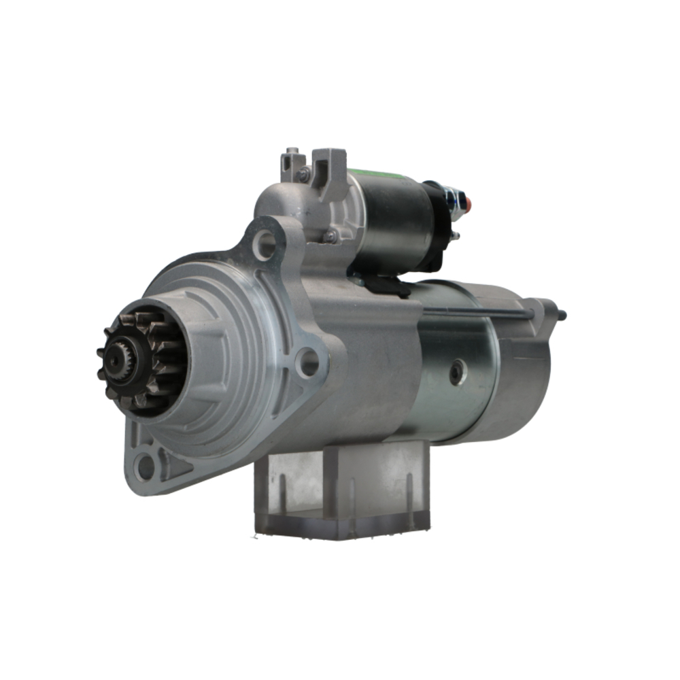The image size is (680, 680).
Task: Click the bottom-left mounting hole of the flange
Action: (144, 466)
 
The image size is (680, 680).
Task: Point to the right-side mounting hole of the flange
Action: (309, 361)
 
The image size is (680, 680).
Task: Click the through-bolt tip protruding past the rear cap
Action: (562, 315)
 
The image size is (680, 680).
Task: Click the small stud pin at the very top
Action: (291, 150)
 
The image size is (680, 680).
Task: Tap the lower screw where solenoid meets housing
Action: (331, 236)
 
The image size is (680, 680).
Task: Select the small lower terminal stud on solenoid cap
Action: (454, 236)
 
